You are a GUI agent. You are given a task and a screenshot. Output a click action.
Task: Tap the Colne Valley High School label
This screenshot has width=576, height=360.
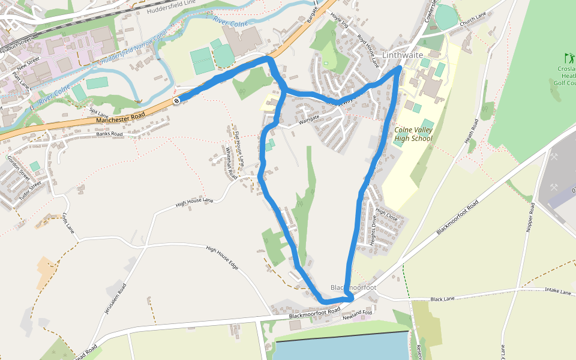pos(413,134)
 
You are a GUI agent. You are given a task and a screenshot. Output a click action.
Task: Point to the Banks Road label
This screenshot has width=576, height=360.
pos(109,134)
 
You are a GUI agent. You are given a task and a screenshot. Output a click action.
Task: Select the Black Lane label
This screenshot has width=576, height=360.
pos(443,299)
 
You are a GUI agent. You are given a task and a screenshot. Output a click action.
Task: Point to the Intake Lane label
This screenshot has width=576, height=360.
pos(558,292)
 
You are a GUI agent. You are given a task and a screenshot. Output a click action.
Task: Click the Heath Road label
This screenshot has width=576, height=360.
pos(470,133)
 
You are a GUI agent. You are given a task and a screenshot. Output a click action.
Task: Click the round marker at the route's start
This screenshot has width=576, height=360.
pos(177,101)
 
